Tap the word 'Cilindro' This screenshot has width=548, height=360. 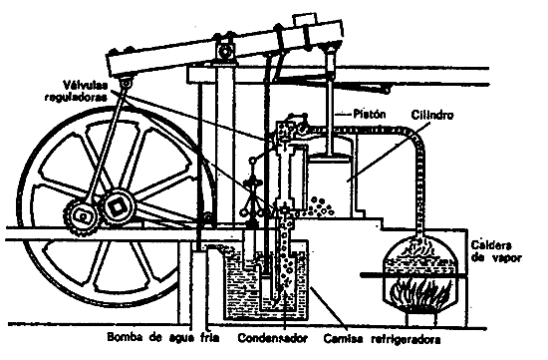[x=429, y=116]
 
